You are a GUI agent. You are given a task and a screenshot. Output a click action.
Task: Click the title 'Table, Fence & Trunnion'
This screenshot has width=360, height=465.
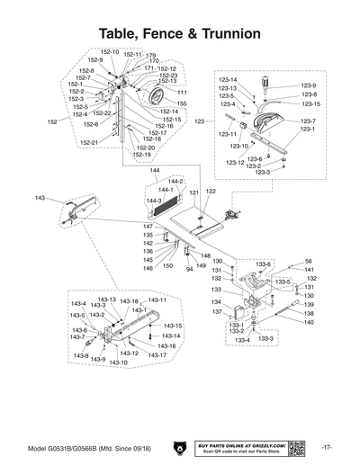tap(180, 33)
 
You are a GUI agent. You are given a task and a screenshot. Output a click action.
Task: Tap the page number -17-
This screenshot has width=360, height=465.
tap(327, 448)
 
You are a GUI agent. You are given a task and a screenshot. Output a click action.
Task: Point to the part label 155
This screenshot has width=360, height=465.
tap(182, 104)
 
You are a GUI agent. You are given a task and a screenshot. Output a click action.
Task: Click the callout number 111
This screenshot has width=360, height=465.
tap(182, 93)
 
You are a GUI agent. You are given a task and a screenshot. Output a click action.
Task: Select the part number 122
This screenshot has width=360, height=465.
tap(211, 192)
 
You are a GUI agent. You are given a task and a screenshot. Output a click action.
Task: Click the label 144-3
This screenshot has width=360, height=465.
tap(154, 201)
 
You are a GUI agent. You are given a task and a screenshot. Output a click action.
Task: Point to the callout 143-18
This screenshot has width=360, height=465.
tap(130, 301)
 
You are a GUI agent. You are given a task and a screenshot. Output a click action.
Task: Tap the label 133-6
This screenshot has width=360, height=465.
tap(263, 265)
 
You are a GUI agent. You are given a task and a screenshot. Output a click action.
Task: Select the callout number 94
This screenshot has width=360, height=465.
tap(190, 268)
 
